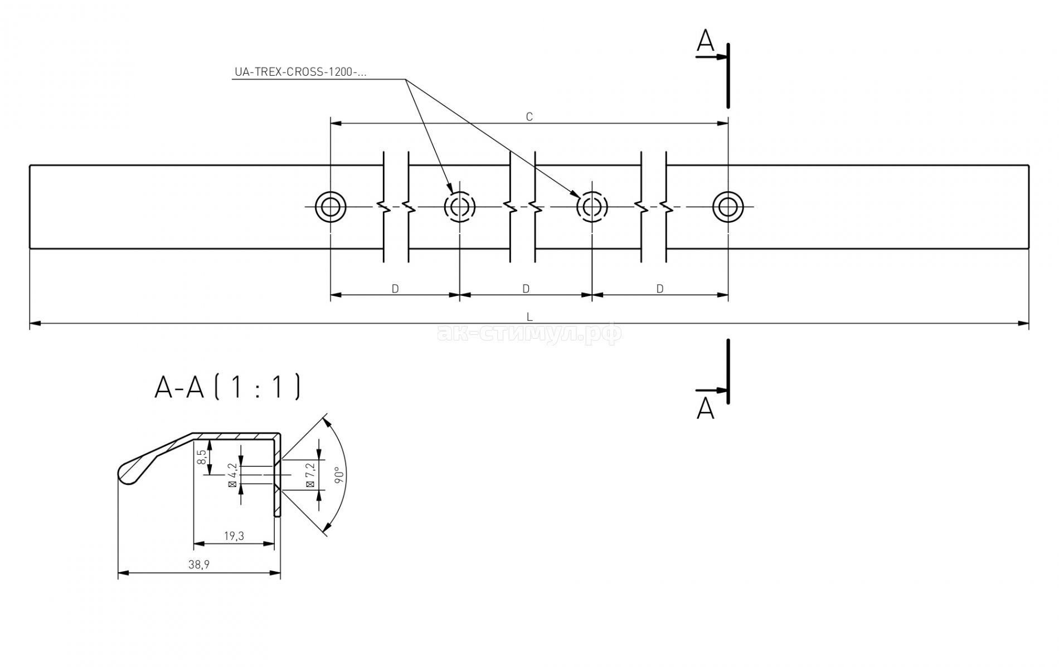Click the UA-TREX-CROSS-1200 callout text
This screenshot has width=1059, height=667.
[300, 72]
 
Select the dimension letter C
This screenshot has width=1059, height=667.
[529, 117]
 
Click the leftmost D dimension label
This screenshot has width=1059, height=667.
[395, 289]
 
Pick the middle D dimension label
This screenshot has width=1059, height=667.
[526, 289]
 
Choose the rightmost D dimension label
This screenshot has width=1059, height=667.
[660, 289]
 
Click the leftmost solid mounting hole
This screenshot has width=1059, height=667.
[331, 207]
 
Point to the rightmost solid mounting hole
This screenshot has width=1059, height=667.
[727, 207]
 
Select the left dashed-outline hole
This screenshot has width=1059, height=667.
[460, 207]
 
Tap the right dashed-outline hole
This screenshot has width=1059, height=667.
[591, 207]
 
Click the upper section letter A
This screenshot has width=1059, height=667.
[705, 41]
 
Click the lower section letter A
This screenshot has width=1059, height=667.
[705, 408]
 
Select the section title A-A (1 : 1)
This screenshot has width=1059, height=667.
[227, 387]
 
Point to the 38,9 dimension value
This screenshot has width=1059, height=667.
[199, 565]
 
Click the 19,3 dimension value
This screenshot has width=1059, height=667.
[234, 536]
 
